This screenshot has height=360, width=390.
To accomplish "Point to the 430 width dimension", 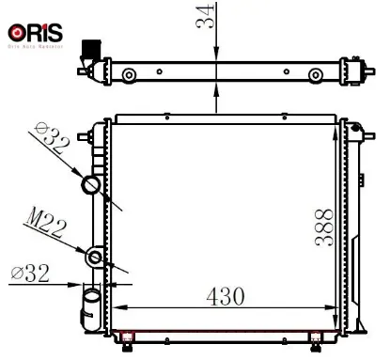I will coord(221,294).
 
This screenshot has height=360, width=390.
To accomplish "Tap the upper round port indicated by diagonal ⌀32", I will coord(94,184).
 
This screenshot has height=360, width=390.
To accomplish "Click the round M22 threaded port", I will coord(95,256).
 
